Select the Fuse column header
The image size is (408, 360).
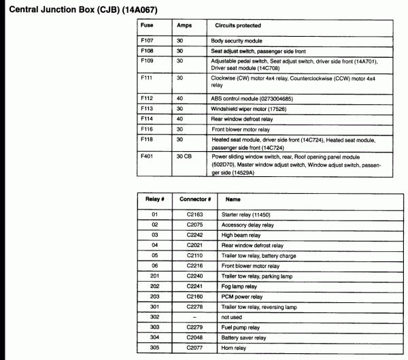click(x=147, y=25)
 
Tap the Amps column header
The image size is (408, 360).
click(x=184, y=25)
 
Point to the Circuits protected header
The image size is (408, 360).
click(x=238, y=25)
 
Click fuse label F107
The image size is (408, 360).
click(x=147, y=41)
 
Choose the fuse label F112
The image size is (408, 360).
click(x=147, y=98)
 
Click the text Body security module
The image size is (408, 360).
click(x=237, y=41)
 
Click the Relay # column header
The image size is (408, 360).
click(x=155, y=200)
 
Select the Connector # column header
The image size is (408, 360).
click(x=195, y=200)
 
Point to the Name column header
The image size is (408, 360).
click(x=233, y=200)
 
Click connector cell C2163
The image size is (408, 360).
click(x=195, y=214)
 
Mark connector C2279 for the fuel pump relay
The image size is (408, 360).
click(x=195, y=327)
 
